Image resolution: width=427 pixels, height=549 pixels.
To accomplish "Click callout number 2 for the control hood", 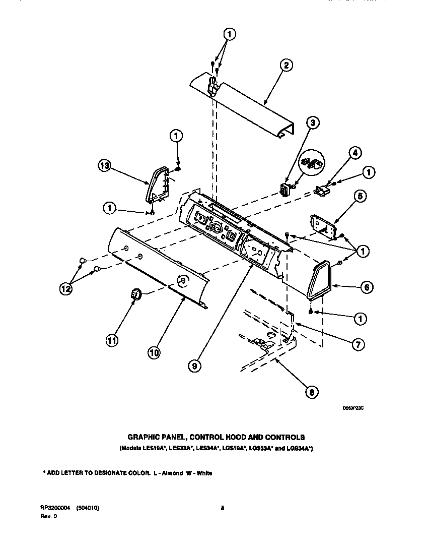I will point(286,65).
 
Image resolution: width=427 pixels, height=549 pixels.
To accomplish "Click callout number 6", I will point(366,287).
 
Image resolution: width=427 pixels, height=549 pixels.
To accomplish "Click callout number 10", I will point(155,353).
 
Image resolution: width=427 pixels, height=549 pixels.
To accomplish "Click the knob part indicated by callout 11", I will point(135,293).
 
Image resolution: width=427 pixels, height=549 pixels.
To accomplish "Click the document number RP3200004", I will point(56,509).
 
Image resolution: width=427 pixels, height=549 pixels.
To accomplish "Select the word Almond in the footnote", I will point(172,473).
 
